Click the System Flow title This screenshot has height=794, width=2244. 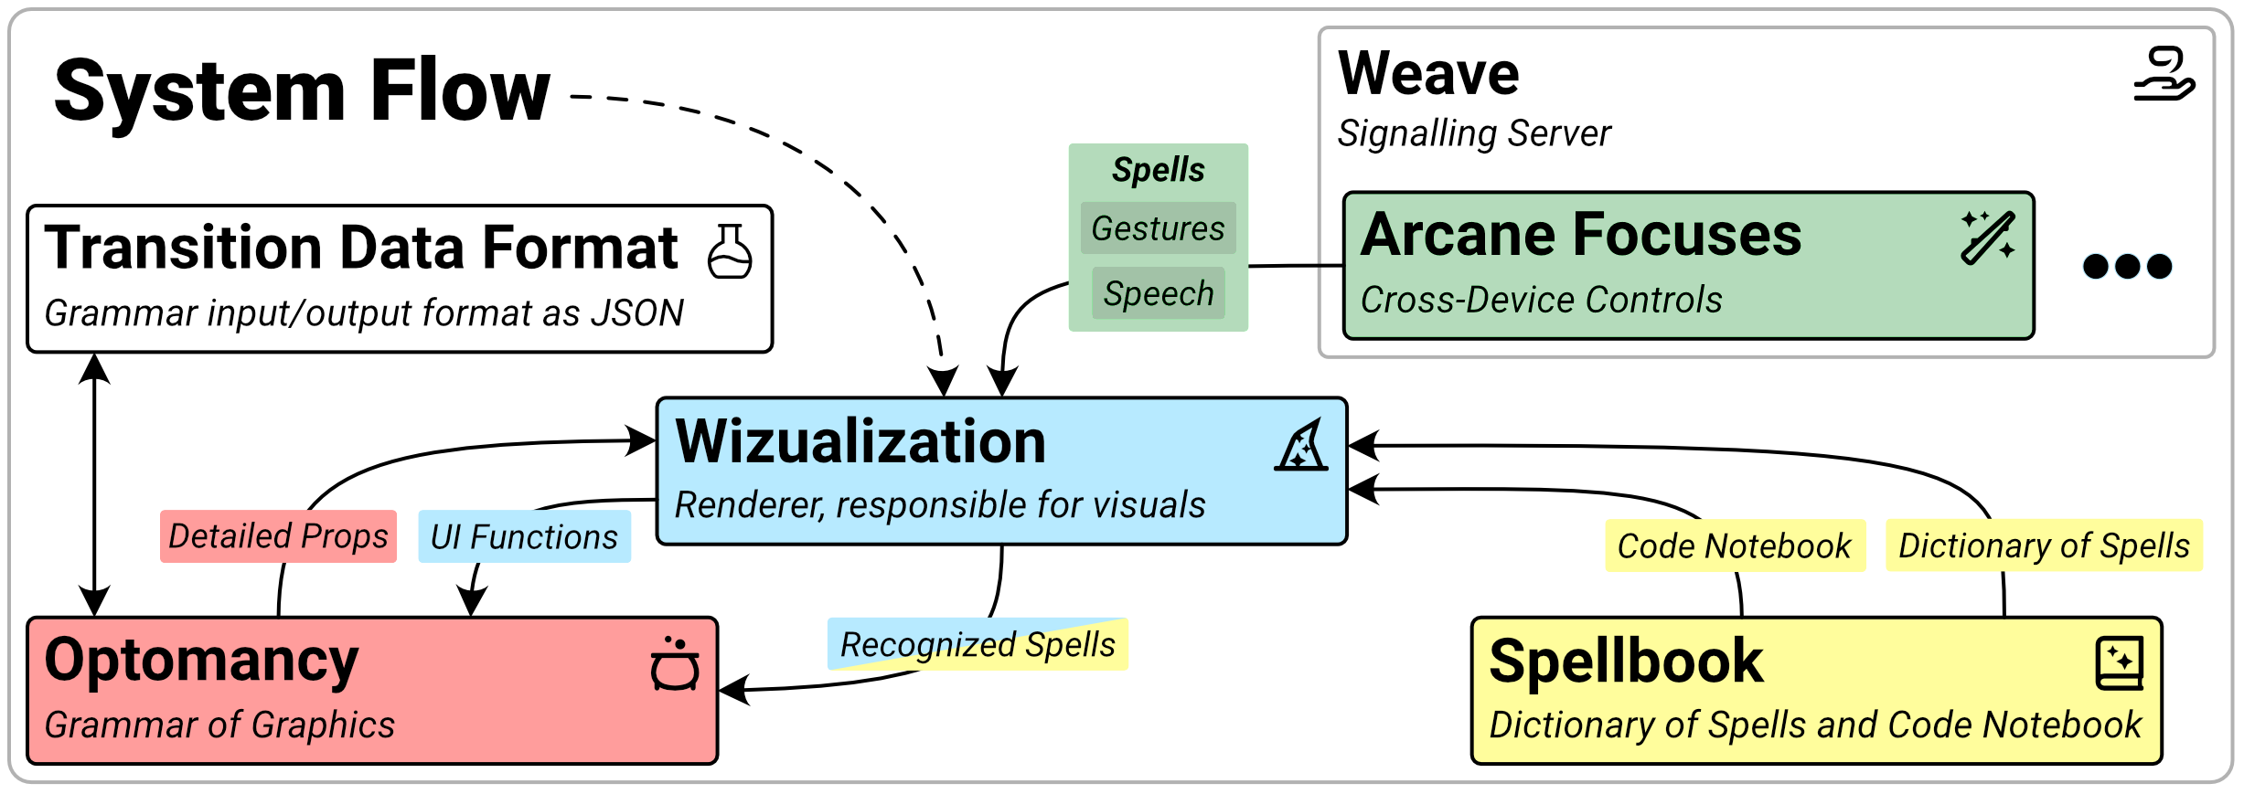pyautogui.click(x=302, y=92)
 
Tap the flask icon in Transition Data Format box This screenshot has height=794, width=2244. pyautogui.click(x=730, y=251)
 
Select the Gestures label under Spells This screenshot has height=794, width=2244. pyautogui.click(x=1158, y=228)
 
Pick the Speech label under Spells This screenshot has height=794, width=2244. pyautogui.click(x=1158, y=293)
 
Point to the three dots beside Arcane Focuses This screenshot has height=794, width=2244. pyautogui.click(x=2127, y=267)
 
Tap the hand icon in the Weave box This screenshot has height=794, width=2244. pyautogui.click(x=2164, y=75)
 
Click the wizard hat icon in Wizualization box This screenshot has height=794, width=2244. pyautogui.click(x=1301, y=447)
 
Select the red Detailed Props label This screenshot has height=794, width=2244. pyautogui.click(x=278, y=536)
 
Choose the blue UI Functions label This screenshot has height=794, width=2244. pyautogui.click(x=524, y=537)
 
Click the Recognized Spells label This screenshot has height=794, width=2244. pyautogui.click(x=977, y=644)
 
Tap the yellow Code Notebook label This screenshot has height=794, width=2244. pyautogui.click(x=1735, y=546)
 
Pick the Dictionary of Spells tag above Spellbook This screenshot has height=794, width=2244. pyautogui.click(x=2044, y=545)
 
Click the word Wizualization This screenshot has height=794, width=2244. pyautogui.click(x=860, y=442)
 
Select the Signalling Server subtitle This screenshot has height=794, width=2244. pyautogui.click(x=1473, y=133)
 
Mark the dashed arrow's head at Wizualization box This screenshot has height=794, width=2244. pyautogui.click(x=943, y=382)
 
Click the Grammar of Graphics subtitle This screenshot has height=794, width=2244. pyautogui.click(x=219, y=725)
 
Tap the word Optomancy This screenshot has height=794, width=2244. pyautogui.click(x=201, y=661)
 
